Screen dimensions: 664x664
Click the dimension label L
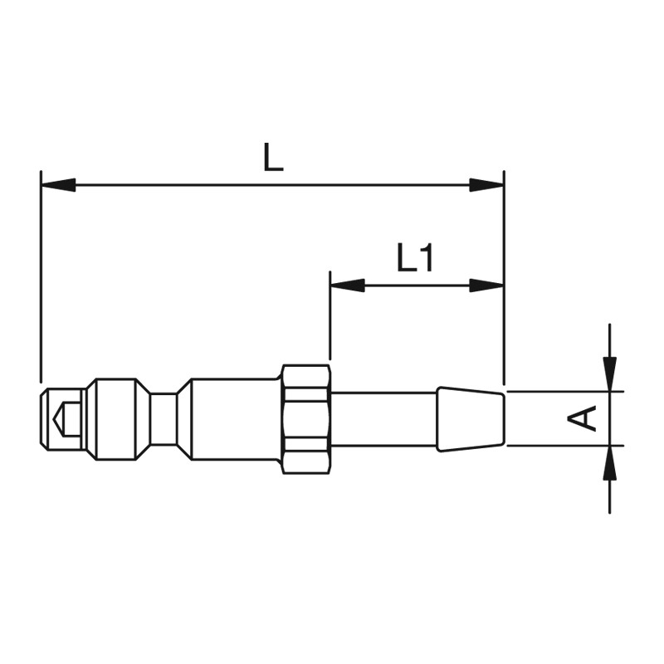click(273, 157)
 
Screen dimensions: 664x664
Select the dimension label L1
click(414, 257)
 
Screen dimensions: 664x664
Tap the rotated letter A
click(582, 418)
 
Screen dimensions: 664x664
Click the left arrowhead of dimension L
click(58, 185)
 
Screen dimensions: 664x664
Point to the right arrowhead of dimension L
click(486, 185)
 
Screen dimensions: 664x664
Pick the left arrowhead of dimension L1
click(347, 286)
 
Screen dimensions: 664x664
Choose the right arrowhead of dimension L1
click(486, 286)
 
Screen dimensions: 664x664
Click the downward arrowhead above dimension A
click(609, 374)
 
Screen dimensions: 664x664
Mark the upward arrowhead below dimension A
click(609, 463)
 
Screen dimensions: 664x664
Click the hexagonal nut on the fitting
click(305, 419)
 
